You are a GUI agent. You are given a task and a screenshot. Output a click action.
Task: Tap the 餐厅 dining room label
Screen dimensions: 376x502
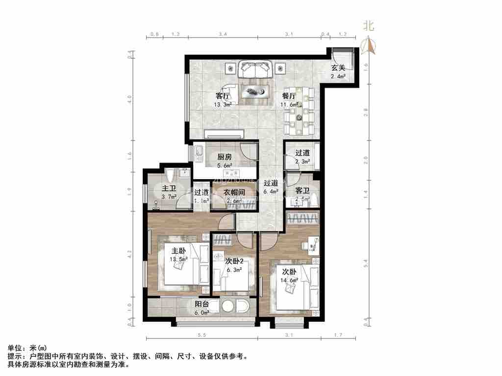[x=289, y=96]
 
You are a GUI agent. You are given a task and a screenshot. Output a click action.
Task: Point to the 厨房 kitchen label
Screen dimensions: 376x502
[x=225, y=157]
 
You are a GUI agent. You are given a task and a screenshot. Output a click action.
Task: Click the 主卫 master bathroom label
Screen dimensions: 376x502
[x=169, y=188]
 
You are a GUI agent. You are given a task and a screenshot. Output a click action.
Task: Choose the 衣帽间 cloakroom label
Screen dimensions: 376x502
[x=234, y=192]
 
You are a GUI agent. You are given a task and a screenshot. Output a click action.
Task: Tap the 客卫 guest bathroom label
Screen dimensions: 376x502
[x=302, y=190]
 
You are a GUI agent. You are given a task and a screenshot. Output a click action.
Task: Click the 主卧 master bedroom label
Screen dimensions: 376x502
[x=177, y=252]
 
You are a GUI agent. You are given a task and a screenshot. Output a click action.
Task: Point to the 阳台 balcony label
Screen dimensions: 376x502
[x=202, y=304]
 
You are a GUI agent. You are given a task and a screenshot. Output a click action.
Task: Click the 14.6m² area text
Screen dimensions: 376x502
[x=289, y=280]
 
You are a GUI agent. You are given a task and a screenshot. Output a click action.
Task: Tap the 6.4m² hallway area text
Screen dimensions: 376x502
[x=271, y=192]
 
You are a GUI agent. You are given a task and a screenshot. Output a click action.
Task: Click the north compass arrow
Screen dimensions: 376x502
[x=368, y=46]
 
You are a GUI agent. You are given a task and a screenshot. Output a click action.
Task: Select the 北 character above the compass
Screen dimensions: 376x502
[x=368, y=26]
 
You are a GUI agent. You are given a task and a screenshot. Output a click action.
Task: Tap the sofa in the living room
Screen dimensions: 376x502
[x=255, y=70]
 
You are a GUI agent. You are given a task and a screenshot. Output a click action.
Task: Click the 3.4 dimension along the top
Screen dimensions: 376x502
[x=223, y=34]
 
